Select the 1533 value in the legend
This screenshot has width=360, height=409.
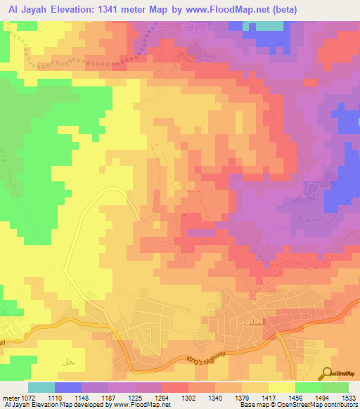(348, 398)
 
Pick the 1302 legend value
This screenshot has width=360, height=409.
(188, 398)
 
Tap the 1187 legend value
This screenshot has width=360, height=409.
(108, 398)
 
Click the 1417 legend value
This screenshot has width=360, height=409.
(268, 398)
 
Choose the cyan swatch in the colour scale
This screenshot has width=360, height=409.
(41, 387)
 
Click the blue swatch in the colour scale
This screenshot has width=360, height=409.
(68, 387)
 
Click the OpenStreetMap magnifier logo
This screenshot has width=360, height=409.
(328, 372)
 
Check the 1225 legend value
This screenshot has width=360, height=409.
(134, 398)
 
